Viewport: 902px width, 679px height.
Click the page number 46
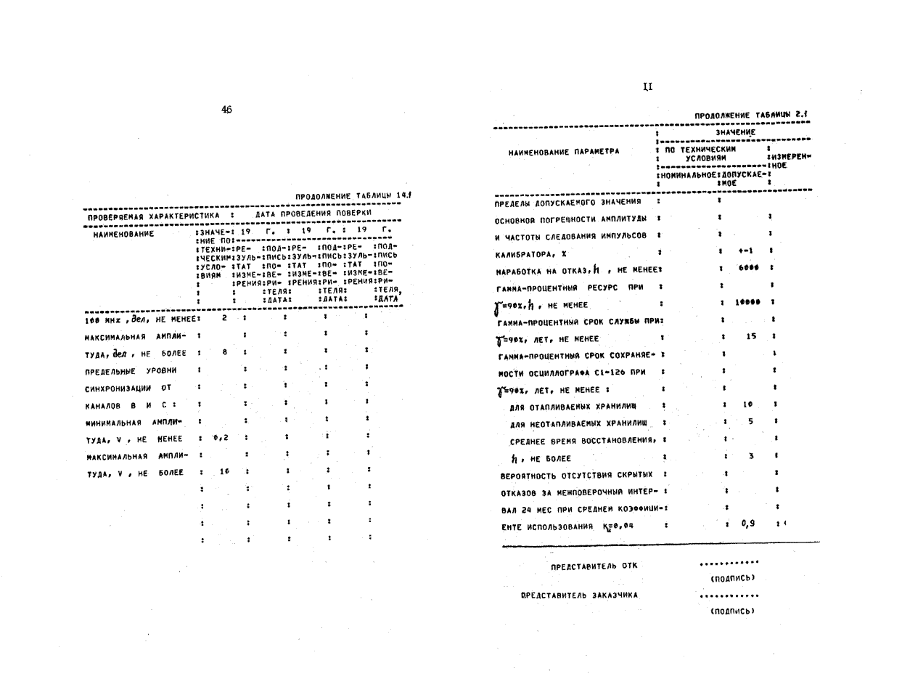click(x=227, y=110)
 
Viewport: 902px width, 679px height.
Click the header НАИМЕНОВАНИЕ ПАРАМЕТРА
click(x=565, y=152)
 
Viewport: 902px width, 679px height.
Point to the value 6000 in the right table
click(x=750, y=268)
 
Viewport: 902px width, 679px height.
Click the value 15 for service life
click(x=750, y=337)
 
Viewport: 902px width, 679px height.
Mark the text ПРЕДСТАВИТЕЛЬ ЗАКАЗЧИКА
click(x=579, y=594)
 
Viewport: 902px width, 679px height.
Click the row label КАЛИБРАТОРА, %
click(x=536, y=252)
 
